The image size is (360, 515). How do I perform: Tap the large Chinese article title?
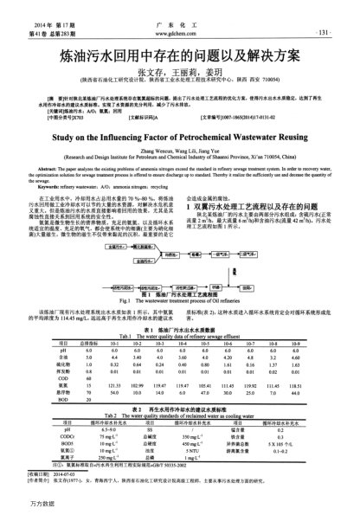click(180, 58)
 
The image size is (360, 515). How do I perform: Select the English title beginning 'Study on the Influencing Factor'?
click(181, 137)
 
